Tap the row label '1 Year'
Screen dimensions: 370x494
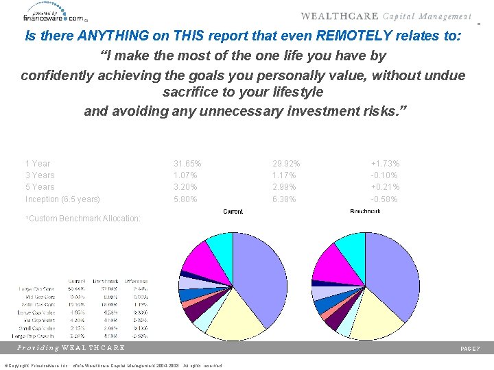(38, 164)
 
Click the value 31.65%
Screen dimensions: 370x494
(187, 164)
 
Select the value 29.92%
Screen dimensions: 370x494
(286, 164)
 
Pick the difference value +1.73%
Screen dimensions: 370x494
(386, 164)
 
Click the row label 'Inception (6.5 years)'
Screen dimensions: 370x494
(62, 199)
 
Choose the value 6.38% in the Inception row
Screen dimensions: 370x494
(286, 199)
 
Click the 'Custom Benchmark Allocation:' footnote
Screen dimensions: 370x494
(82, 219)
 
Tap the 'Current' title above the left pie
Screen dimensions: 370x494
(233, 212)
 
